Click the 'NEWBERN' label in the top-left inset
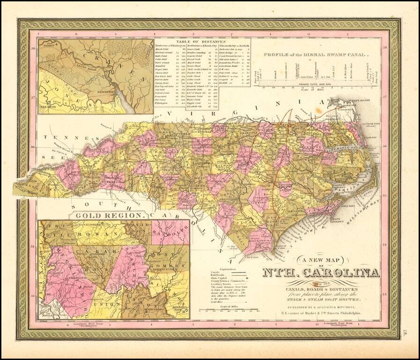point(123,93)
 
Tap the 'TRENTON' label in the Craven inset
point(48,107)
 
